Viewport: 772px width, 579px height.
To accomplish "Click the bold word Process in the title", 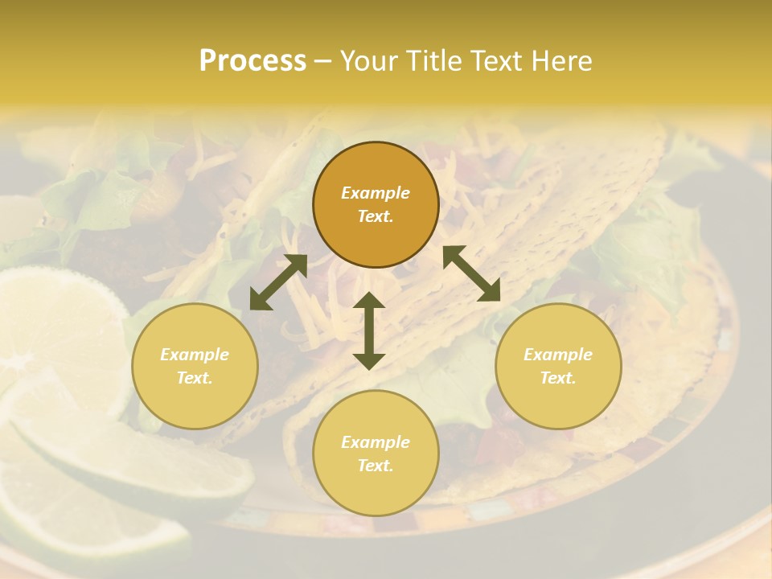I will pos(253,61).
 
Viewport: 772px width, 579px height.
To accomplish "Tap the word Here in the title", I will pos(560,61).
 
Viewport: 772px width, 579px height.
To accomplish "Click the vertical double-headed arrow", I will pos(369,331).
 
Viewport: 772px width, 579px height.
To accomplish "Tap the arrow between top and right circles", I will pos(472,273).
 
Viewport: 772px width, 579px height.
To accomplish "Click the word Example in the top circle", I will pos(376,193).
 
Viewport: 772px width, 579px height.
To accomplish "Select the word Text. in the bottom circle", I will pos(376,466).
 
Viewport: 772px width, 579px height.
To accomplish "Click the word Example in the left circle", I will pos(195,355).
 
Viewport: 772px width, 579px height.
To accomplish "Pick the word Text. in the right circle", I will pos(558,378).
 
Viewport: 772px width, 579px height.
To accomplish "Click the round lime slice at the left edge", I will pos(48,330).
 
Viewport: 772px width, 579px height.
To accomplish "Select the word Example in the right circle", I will pos(558,355).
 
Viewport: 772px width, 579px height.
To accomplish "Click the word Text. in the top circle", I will pos(376,216).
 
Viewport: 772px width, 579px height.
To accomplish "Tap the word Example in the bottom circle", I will pos(376,442).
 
